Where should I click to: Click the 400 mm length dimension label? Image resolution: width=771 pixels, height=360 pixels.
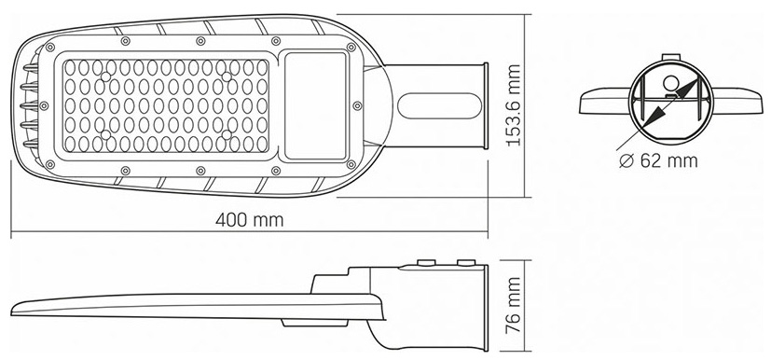point(249,220)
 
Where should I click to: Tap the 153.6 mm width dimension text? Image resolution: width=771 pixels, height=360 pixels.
point(514,105)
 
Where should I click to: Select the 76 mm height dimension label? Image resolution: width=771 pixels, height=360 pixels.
point(514,305)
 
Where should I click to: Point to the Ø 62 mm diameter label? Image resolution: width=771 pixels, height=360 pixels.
point(658,160)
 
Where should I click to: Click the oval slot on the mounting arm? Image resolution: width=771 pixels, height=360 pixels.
point(439,105)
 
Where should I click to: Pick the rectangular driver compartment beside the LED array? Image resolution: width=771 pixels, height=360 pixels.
point(316,105)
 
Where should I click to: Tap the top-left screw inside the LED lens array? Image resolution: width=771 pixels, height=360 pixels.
point(105,76)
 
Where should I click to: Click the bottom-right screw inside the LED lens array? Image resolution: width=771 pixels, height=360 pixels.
point(227,134)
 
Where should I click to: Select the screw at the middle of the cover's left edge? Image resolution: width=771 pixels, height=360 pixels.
point(44,105)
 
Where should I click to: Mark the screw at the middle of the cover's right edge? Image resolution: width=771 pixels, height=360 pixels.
point(357,105)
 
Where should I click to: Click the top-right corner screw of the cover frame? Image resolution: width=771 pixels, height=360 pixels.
point(351,48)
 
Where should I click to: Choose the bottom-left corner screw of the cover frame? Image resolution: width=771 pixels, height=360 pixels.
point(49,164)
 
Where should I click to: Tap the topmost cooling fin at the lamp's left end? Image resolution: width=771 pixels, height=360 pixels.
point(30,68)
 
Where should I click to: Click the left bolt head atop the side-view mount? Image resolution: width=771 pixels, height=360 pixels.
point(426,263)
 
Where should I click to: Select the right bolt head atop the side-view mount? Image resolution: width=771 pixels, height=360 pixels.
point(466,263)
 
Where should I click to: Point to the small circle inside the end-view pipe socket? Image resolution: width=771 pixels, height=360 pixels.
point(670,83)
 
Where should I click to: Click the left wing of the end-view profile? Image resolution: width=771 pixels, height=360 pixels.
point(605,101)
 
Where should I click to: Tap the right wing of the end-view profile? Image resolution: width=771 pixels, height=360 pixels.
point(737,101)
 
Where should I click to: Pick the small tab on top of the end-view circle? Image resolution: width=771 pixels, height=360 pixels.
point(671,58)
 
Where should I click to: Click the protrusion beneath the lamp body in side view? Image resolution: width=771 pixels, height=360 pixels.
point(315,323)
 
